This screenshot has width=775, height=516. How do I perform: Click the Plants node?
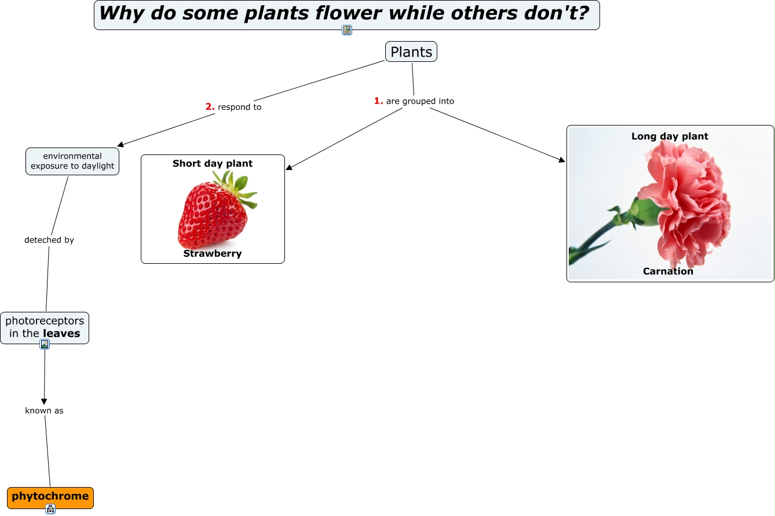tap(411, 52)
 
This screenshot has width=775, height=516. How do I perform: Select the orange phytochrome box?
tap(50, 497)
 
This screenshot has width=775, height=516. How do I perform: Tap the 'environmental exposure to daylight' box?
tap(72, 161)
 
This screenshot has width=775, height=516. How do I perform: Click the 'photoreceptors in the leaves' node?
tap(45, 327)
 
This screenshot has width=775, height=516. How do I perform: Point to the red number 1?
tap(378, 101)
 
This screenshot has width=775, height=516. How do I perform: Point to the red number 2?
tap(210, 106)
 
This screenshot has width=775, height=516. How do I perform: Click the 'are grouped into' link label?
tap(420, 101)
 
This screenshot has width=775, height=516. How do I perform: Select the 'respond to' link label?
tap(239, 107)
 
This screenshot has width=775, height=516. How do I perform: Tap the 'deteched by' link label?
tap(49, 240)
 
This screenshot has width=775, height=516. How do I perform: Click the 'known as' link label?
tap(44, 411)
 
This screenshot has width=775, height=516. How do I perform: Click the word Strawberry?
tap(213, 253)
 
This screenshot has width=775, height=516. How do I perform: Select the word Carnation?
tap(668, 271)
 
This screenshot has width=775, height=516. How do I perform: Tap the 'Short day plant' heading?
tap(213, 164)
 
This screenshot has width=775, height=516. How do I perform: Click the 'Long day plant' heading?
tap(670, 136)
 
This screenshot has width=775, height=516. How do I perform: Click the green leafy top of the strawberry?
tap(237, 188)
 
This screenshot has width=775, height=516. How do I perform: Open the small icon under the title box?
tap(347, 30)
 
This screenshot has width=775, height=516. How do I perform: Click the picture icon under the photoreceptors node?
tap(45, 344)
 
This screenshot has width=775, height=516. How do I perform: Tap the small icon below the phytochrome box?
tap(50, 509)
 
